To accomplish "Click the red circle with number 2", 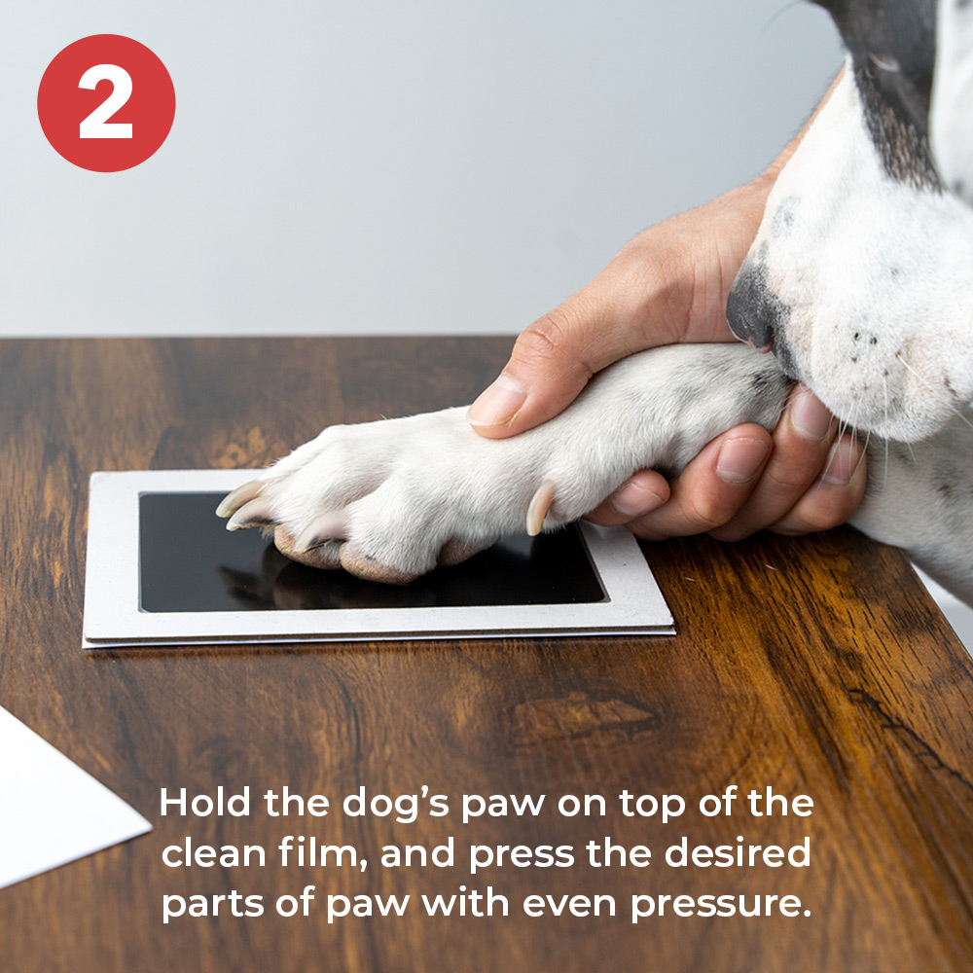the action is [x=106, y=103].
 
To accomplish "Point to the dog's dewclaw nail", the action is [x=539, y=509].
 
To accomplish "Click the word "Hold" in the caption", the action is [x=204, y=803].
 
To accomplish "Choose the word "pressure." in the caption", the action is [x=721, y=905].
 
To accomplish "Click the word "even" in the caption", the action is [x=569, y=904].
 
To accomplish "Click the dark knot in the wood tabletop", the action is [x=583, y=717].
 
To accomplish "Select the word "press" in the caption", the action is [x=522, y=855].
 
